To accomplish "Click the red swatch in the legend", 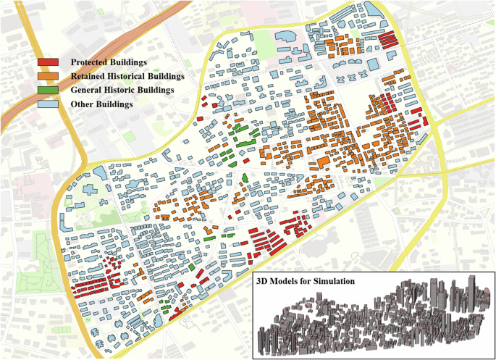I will pos(49,62).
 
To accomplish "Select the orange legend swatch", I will pos(49,76).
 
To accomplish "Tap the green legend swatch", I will pos(49,91).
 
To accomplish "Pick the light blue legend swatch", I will pos(49,104).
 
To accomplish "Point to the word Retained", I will pos(89,76).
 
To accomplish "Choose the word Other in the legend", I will pos(82,104).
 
